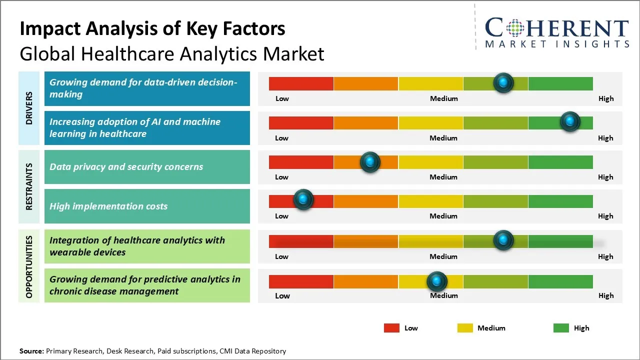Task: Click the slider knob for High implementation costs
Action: tap(303, 199)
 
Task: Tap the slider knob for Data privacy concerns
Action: tap(370, 161)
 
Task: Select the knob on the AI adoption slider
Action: tap(569, 121)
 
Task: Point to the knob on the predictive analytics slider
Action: tap(437, 281)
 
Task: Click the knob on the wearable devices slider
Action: tap(503, 240)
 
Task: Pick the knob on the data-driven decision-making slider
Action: tap(503, 82)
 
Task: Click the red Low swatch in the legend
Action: tap(391, 328)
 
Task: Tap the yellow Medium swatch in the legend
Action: tap(465, 328)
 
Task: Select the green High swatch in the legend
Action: tap(561, 328)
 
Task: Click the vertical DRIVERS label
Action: tap(29, 108)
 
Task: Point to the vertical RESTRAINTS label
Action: tap(29, 186)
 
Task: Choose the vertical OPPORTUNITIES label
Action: tap(29, 267)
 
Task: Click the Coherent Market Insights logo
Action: tap(556, 32)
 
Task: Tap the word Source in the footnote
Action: tap(31, 351)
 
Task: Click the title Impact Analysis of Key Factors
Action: tap(152, 28)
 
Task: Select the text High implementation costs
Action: tap(108, 206)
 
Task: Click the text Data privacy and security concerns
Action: tap(126, 167)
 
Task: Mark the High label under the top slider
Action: tap(605, 98)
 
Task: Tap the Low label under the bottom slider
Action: tap(282, 295)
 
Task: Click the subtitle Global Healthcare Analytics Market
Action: tap(172, 54)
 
